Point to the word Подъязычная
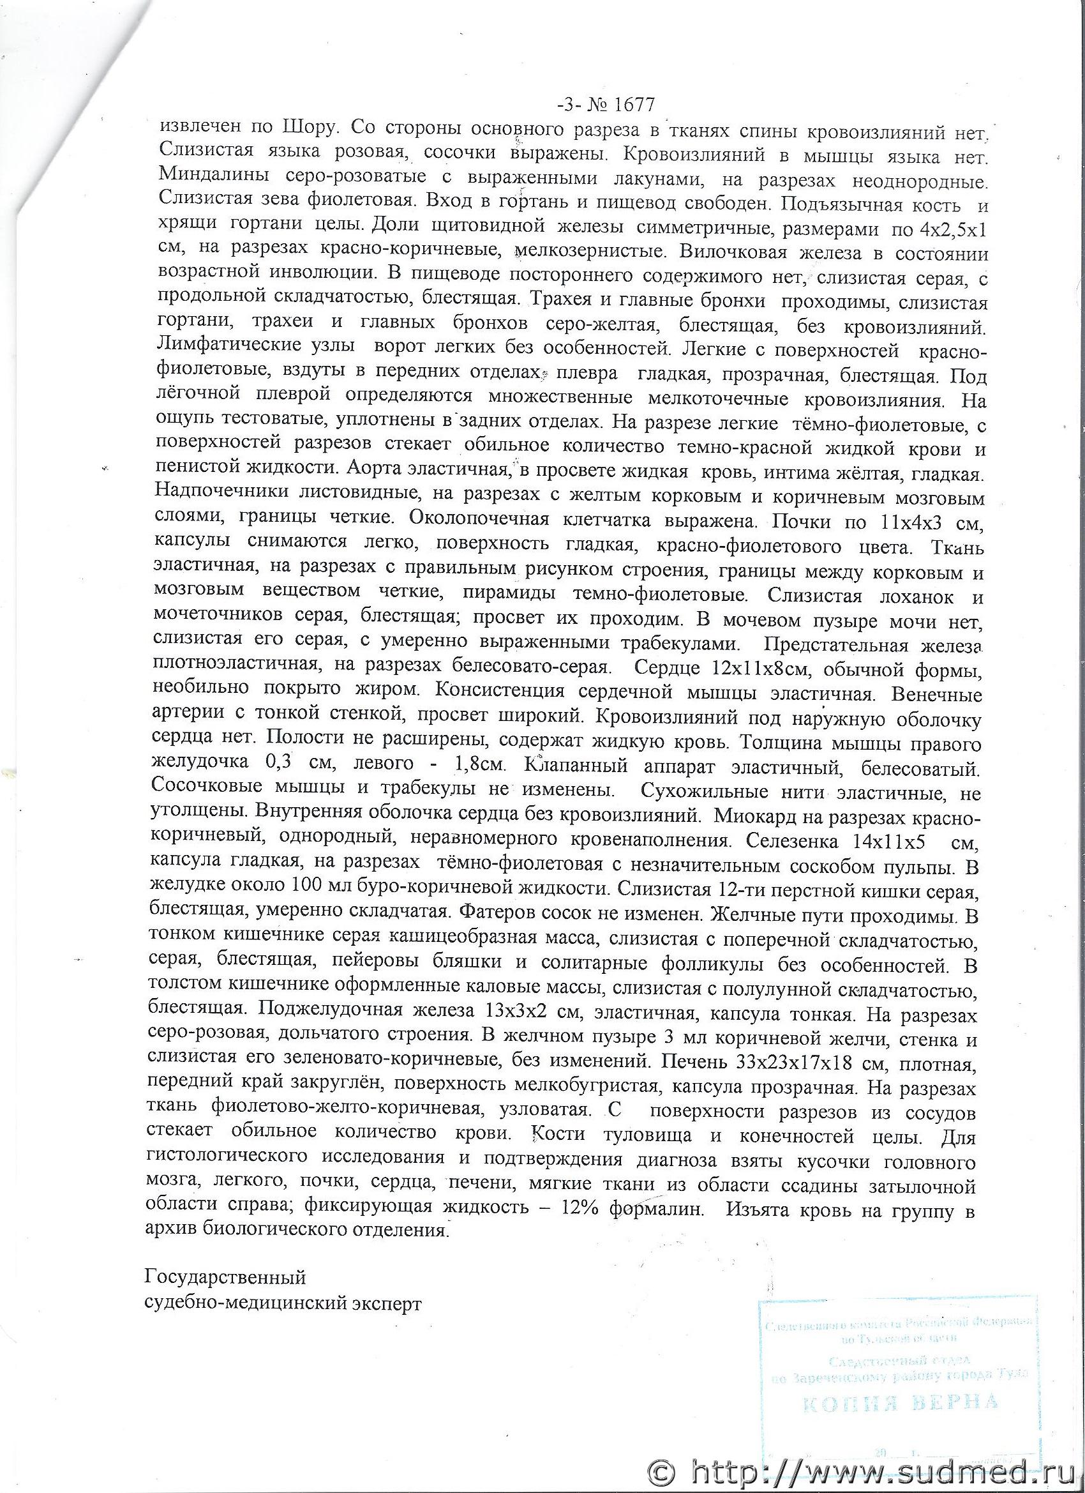click(x=857, y=204)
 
